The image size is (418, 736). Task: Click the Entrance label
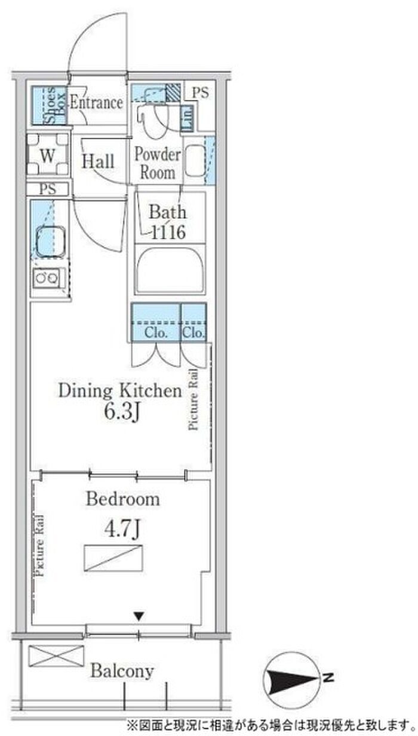97,103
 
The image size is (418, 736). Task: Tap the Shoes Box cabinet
48,105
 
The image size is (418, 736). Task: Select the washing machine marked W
48,154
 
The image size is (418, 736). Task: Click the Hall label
98,161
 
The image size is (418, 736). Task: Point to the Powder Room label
158,163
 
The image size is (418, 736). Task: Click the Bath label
167,212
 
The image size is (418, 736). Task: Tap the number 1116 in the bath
168,233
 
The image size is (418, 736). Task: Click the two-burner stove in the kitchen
47,279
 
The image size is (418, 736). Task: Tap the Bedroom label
123,499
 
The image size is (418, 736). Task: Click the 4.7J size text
122,529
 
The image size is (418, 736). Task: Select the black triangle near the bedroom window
139,616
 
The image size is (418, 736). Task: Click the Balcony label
122,670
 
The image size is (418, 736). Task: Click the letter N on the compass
328,676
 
